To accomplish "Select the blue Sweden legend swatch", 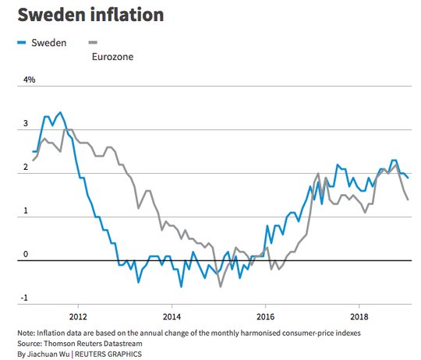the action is click(x=22, y=42).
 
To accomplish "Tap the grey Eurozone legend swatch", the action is click(x=93, y=42).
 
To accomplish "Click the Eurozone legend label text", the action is click(x=112, y=57).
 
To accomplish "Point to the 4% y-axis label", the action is click(x=30, y=79).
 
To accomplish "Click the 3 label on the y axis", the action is click(x=26, y=123).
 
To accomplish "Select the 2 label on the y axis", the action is click(x=26, y=167).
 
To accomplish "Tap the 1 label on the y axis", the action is click(x=26, y=210).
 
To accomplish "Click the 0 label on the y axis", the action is click(x=26, y=254).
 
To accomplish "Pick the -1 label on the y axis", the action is click(x=24, y=298).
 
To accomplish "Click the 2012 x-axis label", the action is click(x=78, y=317).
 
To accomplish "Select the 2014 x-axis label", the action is click(x=172, y=317).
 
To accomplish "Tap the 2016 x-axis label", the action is click(x=266, y=317).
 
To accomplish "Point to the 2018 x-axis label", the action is click(x=359, y=317).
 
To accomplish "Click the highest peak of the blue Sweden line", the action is click(x=60, y=112).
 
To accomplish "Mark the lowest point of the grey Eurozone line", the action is click(x=221, y=287).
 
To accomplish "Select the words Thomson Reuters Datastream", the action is click(x=93, y=344).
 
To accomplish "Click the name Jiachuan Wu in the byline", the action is click(x=48, y=354).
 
